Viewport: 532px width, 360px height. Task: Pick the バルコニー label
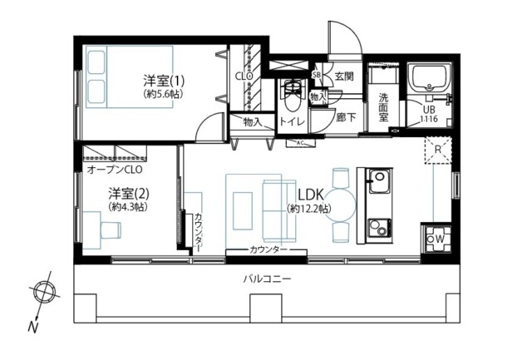click(x=267, y=279)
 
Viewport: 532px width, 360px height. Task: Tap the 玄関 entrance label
click(x=344, y=76)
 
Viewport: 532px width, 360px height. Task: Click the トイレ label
click(x=292, y=122)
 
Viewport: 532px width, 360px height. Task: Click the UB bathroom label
click(x=430, y=110)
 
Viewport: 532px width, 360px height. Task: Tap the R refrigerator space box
click(x=438, y=150)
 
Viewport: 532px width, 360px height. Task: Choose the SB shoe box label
click(x=316, y=75)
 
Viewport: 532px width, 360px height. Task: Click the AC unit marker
click(x=300, y=143)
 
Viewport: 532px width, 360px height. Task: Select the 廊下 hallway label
click(x=347, y=118)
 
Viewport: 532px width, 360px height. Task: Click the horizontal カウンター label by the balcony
click(x=268, y=250)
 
